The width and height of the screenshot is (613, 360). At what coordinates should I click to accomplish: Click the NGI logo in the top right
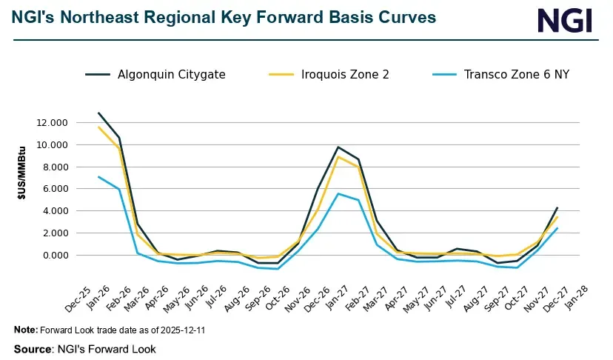[565, 20]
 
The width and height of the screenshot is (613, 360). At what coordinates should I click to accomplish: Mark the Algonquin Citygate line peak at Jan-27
[338, 147]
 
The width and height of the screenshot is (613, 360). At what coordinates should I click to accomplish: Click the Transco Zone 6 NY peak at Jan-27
[338, 193]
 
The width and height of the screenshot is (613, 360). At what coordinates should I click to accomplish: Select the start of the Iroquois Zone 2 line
[98, 127]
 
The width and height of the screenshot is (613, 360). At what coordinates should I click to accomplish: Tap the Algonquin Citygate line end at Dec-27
[557, 207]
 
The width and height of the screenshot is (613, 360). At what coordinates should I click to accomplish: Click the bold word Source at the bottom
[33, 349]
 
